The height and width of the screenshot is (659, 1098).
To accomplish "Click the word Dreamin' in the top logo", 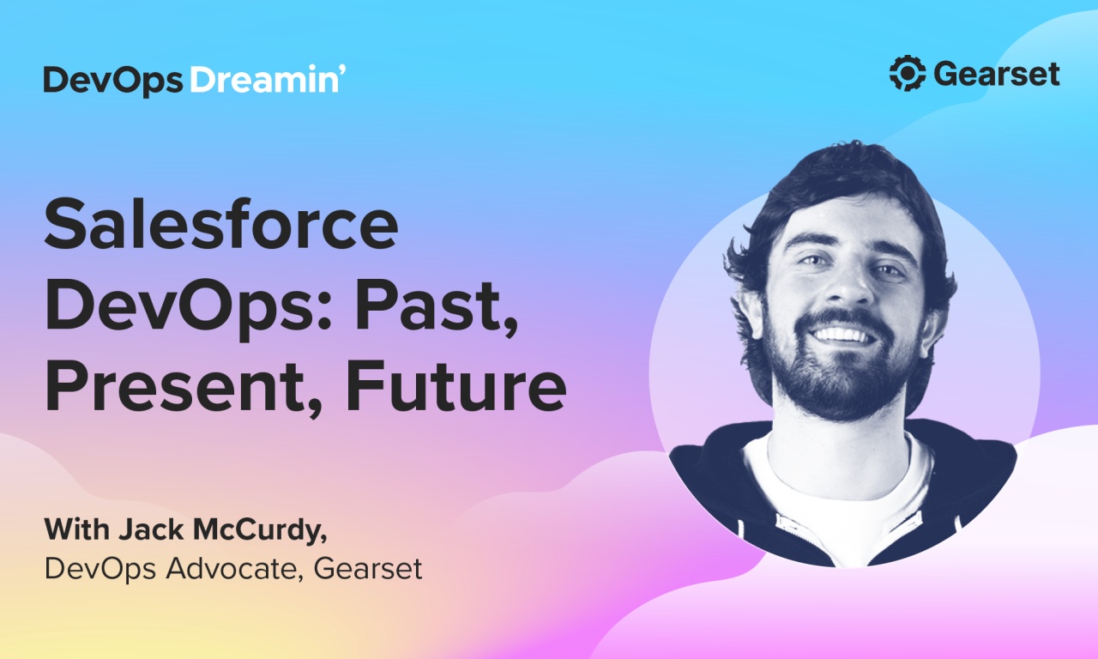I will (x=267, y=79).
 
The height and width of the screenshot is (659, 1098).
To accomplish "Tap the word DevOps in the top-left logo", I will (x=112, y=80).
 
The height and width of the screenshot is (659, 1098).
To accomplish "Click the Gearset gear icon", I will (x=908, y=74).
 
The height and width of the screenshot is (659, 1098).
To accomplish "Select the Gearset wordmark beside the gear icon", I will (x=997, y=75).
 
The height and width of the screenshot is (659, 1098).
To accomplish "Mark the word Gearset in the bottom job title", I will (x=368, y=568).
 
